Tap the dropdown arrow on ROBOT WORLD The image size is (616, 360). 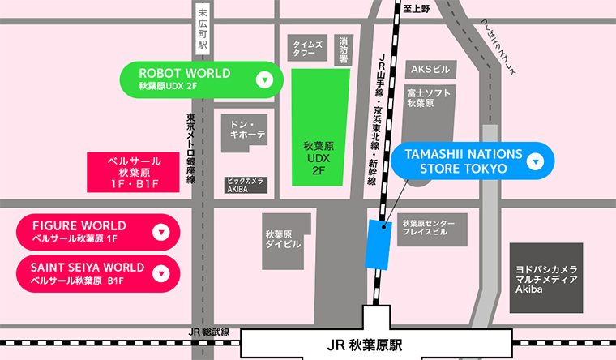click(x=263, y=79)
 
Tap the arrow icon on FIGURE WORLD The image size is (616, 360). click(x=160, y=232)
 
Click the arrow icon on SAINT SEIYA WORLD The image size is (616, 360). click(x=160, y=274)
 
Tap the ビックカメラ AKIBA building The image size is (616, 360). click(x=244, y=185)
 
